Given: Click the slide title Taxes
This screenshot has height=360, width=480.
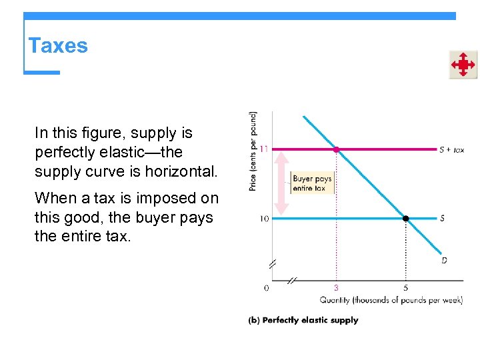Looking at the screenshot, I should pyautogui.click(x=58, y=46).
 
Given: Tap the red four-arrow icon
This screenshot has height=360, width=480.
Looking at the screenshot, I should pyautogui.click(x=463, y=65).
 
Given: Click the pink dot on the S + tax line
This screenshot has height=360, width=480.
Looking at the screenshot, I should pyautogui.click(x=336, y=149).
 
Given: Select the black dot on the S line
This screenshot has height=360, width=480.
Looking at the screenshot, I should pyautogui.click(x=405, y=218).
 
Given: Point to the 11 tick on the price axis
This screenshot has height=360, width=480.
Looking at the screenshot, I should pyautogui.click(x=264, y=149).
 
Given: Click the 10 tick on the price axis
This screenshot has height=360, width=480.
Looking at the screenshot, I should pyautogui.click(x=264, y=219).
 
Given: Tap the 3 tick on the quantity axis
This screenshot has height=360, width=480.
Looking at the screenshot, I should pyautogui.click(x=336, y=288).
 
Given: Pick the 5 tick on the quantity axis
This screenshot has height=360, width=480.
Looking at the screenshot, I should pyautogui.click(x=405, y=288).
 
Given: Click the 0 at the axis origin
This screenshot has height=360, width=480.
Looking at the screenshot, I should pyautogui.click(x=266, y=288).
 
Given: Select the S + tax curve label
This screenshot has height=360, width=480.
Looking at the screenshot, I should pyautogui.click(x=452, y=150).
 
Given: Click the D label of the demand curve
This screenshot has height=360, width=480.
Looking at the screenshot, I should pyautogui.click(x=444, y=260).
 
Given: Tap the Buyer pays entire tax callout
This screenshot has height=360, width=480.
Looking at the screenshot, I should pyautogui.click(x=312, y=183).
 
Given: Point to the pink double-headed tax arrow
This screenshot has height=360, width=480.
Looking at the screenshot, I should pyautogui.click(x=282, y=183).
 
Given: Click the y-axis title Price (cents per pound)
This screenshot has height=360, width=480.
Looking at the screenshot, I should pyautogui.click(x=253, y=151).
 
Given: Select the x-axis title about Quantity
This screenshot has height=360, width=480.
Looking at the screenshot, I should pyautogui.click(x=391, y=300).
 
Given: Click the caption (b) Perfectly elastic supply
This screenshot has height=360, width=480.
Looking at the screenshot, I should pyautogui.click(x=303, y=320).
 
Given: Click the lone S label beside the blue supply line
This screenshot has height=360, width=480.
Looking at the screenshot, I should pyautogui.click(x=443, y=219).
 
